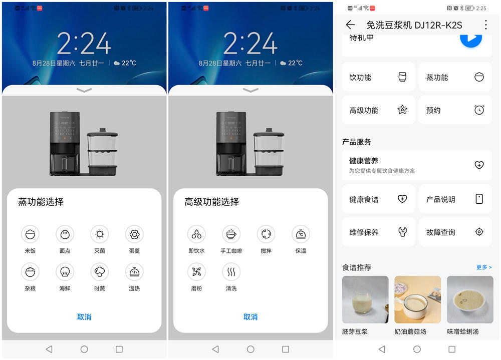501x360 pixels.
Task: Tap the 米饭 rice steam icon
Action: (30, 234)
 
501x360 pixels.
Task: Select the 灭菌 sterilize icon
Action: (100, 234)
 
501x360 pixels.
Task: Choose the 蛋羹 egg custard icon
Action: (134, 234)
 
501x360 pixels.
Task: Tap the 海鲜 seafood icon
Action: (65, 272)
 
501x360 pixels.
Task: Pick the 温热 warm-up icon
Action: (134, 272)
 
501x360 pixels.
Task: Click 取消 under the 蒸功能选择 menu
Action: (84, 317)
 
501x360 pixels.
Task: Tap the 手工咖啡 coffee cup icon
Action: (231, 234)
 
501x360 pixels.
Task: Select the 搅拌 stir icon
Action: (266, 234)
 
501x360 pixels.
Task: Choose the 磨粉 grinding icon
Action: (196, 272)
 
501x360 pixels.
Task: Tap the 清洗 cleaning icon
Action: (231, 272)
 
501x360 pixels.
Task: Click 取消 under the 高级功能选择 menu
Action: (250, 317)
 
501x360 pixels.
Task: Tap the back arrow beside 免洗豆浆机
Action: (350, 25)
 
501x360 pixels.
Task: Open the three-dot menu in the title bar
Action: (485, 25)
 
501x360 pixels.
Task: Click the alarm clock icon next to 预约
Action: (479, 110)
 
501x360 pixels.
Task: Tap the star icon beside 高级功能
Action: (402, 110)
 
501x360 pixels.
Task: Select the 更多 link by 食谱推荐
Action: (483, 267)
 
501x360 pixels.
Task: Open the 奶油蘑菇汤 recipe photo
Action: (417, 299)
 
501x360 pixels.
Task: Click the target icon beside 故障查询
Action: (479, 232)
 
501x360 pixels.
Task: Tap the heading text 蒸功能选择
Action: (41, 202)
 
